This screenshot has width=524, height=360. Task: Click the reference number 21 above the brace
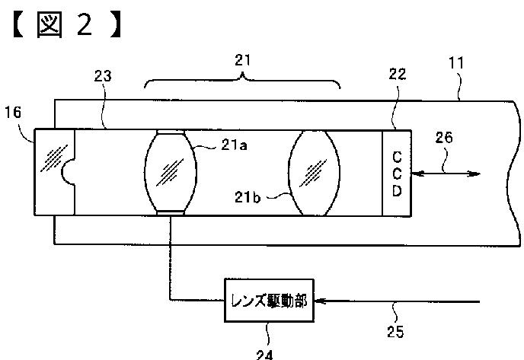click(243, 59)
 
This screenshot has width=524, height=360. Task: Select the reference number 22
click(398, 74)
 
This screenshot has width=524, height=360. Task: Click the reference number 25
click(395, 331)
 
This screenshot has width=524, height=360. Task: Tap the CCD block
click(396, 173)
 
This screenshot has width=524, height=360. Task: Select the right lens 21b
click(314, 172)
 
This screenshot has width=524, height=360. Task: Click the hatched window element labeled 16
click(54, 173)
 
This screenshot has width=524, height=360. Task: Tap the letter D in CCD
click(396, 190)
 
